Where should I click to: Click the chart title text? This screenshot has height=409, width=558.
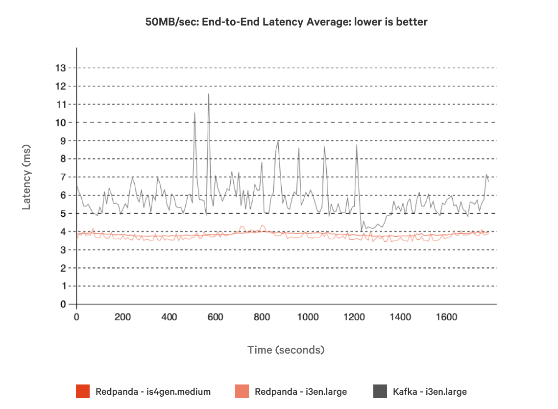pyautogui.click(x=286, y=22)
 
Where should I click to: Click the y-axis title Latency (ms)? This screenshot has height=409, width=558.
pyautogui.click(x=26, y=177)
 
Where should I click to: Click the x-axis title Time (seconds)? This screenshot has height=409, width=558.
pyautogui.click(x=286, y=350)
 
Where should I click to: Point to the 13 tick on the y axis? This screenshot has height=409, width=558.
pyautogui.click(x=61, y=68)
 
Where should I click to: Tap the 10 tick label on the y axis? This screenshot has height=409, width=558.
pyautogui.click(x=61, y=123)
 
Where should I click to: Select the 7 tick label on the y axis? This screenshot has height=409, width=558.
pyautogui.click(x=63, y=177)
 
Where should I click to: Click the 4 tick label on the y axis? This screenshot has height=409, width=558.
pyautogui.click(x=63, y=231)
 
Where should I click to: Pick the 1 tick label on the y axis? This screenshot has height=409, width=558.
pyautogui.click(x=63, y=286)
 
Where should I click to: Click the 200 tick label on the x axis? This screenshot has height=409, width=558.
pyautogui.click(x=122, y=317)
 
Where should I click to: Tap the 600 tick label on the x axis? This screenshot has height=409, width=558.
pyautogui.click(x=216, y=317)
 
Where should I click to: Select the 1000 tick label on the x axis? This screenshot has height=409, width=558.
pyautogui.click(x=308, y=317)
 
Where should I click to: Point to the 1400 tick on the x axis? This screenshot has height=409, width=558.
pyautogui.click(x=400, y=317)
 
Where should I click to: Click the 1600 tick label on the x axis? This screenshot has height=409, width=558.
pyautogui.click(x=447, y=317)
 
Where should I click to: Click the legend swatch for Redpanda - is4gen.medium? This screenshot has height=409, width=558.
pyautogui.click(x=83, y=391)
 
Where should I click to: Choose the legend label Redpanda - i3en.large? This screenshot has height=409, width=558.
pyautogui.click(x=301, y=391)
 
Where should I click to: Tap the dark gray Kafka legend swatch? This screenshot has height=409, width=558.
pyautogui.click(x=380, y=391)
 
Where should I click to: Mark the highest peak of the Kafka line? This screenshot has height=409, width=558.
pyautogui.click(x=209, y=94)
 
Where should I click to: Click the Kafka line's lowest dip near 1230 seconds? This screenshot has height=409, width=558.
pyautogui.click(x=362, y=231)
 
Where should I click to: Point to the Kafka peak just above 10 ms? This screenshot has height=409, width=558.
pyautogui.click(x=194, y=113)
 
